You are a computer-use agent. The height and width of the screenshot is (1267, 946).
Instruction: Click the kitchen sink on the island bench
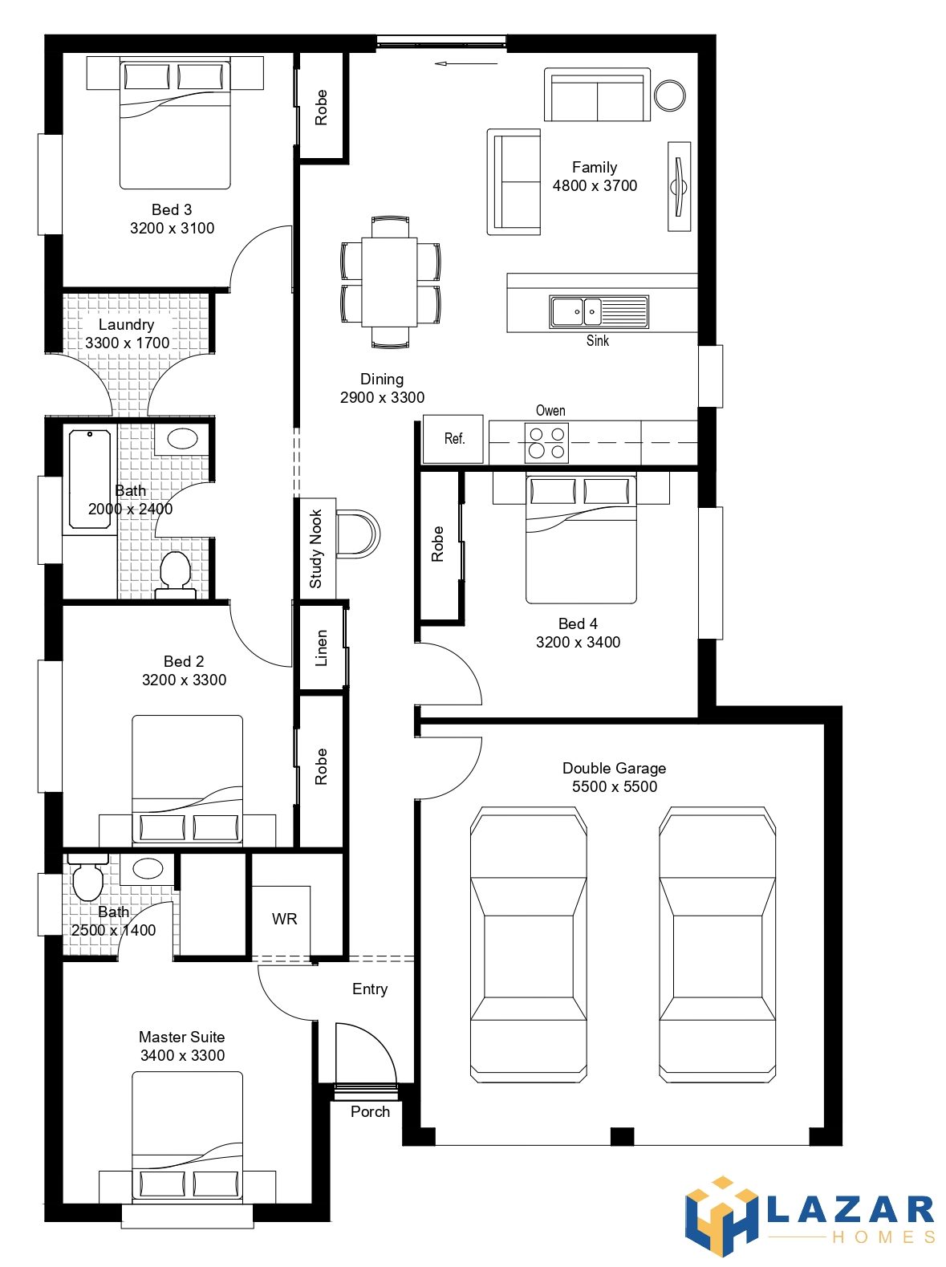[x=599, y=311]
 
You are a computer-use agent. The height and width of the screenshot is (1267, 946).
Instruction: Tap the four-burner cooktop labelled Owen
[x=546, y=442]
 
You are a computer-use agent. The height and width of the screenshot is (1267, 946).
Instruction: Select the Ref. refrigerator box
[x=453, y=439]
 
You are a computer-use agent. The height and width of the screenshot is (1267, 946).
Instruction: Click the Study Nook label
[x=315, y=548]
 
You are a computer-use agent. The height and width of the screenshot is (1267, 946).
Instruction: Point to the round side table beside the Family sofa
[x=669, y=94]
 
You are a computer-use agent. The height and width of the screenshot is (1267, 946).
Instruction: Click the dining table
[x=389, y=282]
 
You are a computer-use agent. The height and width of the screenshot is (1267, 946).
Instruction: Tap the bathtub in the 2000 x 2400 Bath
[x=89, y=479]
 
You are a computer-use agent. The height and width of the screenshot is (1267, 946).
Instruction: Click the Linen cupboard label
[x=321, y=648]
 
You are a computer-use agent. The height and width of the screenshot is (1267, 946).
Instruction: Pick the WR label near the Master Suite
[x=284, y=919]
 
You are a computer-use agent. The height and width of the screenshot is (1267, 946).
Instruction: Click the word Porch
[x=370, y=1111]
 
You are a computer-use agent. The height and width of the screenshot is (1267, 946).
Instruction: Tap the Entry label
[x=369, y=989]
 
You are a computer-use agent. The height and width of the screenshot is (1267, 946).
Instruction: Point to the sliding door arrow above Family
[x=466, y=63]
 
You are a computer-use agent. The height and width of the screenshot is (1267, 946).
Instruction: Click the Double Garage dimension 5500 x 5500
[x=614, y=786]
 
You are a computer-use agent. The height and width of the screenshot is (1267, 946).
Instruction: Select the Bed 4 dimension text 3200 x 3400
[x=578, y=642]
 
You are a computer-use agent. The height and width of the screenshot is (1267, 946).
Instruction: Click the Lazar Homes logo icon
[x=721, y=1216]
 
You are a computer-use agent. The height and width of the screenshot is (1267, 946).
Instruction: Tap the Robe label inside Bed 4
[x=437, y=544]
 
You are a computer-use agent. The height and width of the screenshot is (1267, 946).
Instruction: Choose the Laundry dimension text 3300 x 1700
[x=127, y=343]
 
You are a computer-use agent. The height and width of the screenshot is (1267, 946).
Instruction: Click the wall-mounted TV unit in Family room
[x=680, y=186]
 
